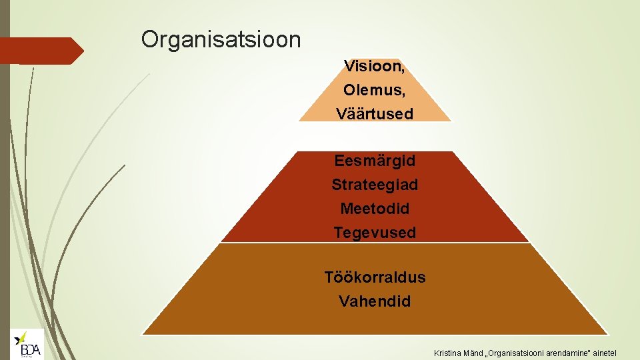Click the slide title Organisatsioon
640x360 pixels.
click(221, 40)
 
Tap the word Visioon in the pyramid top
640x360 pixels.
click(372, 66)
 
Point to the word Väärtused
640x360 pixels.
click(375, 114)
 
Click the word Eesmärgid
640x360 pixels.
click(375, 161)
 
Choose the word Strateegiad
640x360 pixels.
click(375, 185)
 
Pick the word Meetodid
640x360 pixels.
click(375, 209)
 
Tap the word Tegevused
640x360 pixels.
click(375, 233)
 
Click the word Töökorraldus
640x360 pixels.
click(375, 277)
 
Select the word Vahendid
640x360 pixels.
click(375, 301)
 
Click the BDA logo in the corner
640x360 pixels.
click(27, 345)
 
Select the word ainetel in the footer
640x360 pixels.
click(603, 352)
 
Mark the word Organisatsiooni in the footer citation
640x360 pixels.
click(519, 352)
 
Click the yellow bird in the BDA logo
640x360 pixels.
click(22, 337)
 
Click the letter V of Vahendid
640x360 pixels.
click(344, 301)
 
